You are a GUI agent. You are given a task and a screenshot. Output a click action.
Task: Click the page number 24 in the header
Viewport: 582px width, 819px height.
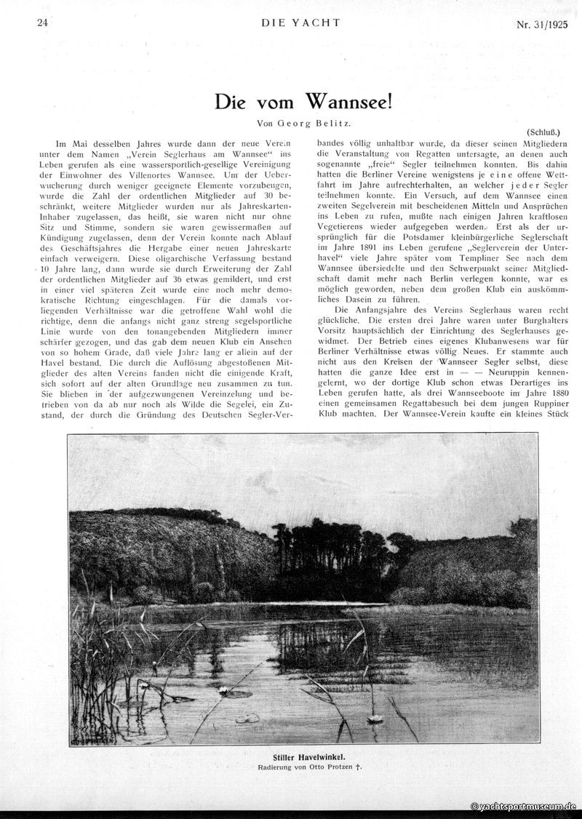(x=42, y=23)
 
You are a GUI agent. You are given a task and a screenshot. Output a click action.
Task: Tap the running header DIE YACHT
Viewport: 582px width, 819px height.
(x=300, y=23)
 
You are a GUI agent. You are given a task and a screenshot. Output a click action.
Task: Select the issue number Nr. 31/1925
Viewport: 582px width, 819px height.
(x=542, y=23)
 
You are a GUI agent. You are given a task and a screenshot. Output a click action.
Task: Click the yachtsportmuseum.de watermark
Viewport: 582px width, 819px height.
(x=523, y=806)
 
